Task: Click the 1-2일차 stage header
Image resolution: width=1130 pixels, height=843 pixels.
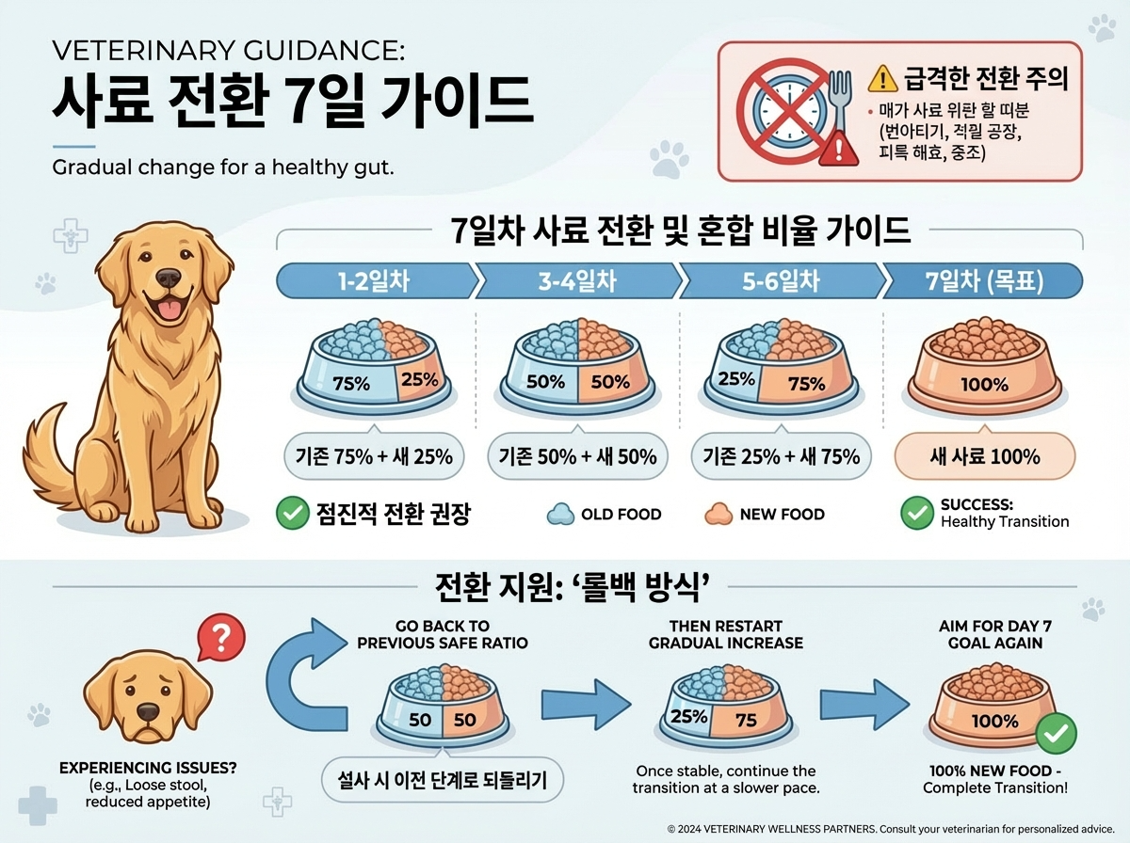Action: point(375,281)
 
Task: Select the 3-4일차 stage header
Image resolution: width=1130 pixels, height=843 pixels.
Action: point(577,281)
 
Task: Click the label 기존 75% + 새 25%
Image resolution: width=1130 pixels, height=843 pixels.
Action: point(374,457)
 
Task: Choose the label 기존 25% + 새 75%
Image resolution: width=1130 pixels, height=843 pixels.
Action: point(781,457)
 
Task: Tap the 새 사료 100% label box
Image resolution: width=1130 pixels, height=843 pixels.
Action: point(984,457)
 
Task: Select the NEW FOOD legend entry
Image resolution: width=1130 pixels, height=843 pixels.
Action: point(764,514)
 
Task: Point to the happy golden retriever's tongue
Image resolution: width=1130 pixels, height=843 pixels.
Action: point(169,311)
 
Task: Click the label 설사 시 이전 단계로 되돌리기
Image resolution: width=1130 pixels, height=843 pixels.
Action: point(442,780)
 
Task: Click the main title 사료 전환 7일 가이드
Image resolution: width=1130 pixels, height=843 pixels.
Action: point(292,101)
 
